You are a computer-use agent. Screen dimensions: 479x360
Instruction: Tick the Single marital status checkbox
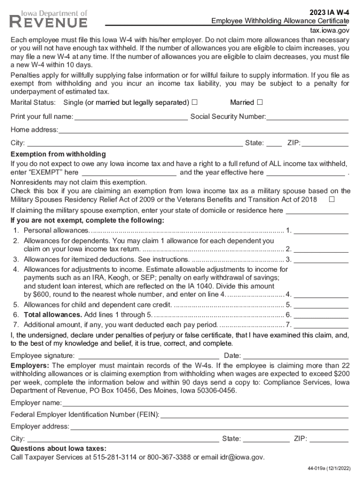pos(194,102)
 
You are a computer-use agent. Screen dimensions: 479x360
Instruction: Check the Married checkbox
pos(259,102)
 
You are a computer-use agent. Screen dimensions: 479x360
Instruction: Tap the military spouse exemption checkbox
pos(331,200)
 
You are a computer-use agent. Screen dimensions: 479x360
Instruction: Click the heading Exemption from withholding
pos(58,154)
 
